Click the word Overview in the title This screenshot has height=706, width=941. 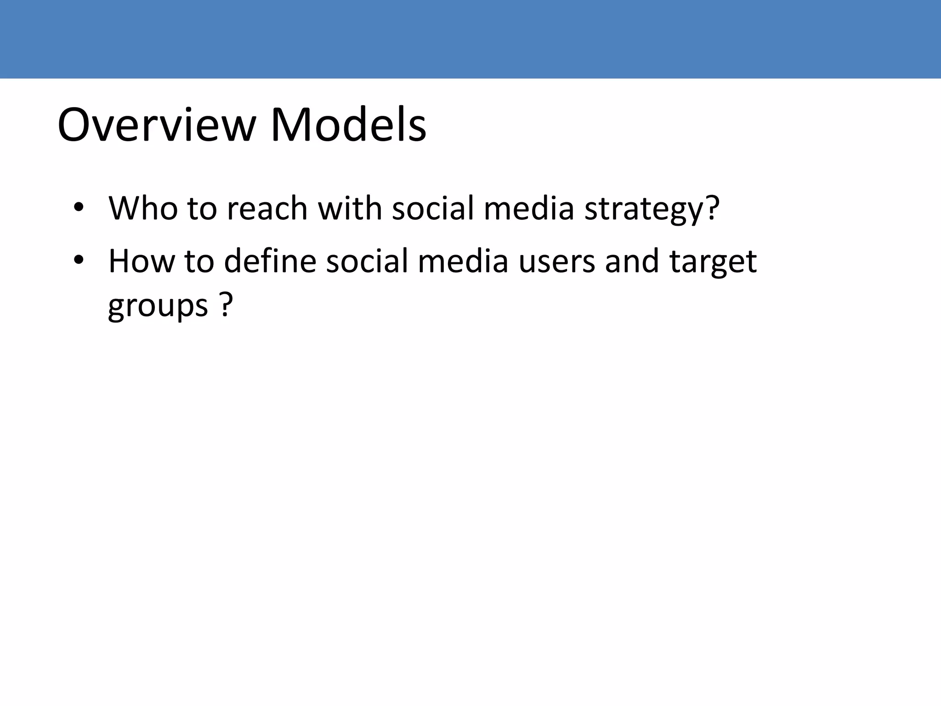[156, 125]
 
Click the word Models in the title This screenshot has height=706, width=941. [348, 125]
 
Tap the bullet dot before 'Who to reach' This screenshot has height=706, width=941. [79, 207]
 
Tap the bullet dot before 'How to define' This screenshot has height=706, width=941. [79, 260]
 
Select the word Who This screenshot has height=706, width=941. [143, 208]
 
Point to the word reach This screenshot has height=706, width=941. [267, 208]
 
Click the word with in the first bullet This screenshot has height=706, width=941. [350, 208]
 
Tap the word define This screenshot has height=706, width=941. [270, 261]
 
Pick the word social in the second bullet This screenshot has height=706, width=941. [367, 261]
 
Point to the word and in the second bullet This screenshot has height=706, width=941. [632, 261]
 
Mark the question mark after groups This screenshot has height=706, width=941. [225, 305]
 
